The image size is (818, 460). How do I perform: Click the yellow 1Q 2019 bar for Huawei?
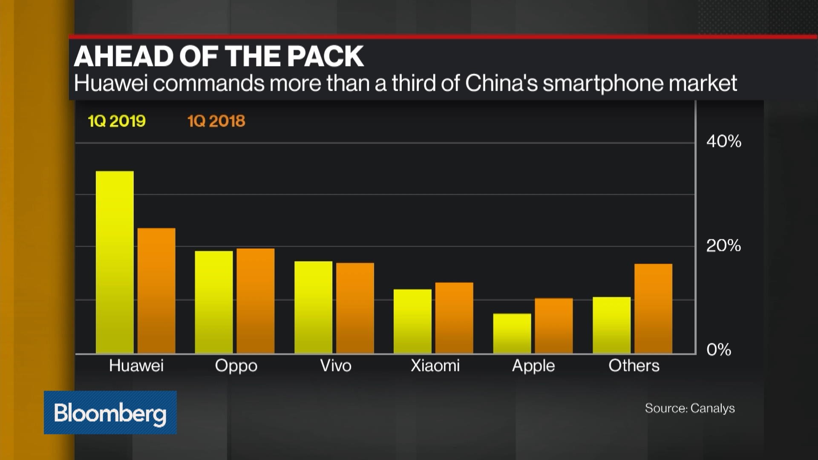115,262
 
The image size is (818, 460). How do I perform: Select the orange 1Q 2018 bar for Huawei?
156,290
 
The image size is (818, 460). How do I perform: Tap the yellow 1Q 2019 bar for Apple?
512,333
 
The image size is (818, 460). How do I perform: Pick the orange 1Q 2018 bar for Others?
653,308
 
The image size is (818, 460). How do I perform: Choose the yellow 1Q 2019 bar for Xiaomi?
412,321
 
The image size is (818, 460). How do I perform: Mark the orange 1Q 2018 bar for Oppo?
256,301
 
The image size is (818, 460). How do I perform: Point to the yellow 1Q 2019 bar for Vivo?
313,307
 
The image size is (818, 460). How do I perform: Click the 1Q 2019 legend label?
117,121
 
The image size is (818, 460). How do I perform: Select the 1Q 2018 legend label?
216,121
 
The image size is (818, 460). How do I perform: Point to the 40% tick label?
723,141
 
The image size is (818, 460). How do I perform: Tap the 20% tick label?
723,246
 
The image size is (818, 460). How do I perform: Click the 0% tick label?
718,350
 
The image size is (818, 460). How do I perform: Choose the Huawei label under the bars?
136,366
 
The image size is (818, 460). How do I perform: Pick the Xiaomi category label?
435,366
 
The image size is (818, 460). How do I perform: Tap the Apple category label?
533,366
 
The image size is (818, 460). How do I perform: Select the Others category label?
634,366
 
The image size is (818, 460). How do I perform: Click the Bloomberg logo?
110,413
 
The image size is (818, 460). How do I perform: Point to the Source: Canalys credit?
689,408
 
